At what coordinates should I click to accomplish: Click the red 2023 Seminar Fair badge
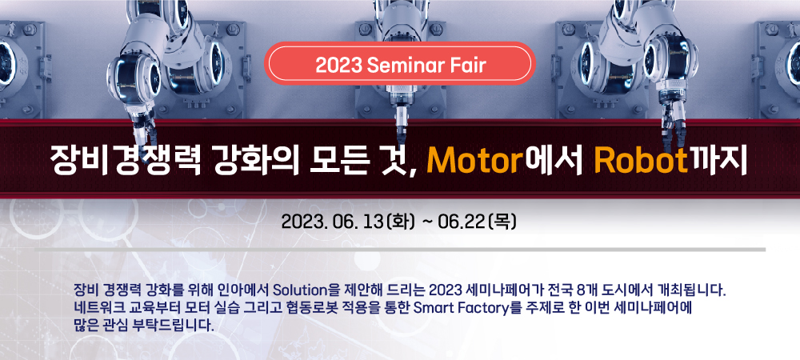click(x=399, y=64)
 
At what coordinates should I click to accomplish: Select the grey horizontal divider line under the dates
click(x=401, y=250)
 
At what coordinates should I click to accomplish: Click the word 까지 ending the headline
click(x=717, y=160)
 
